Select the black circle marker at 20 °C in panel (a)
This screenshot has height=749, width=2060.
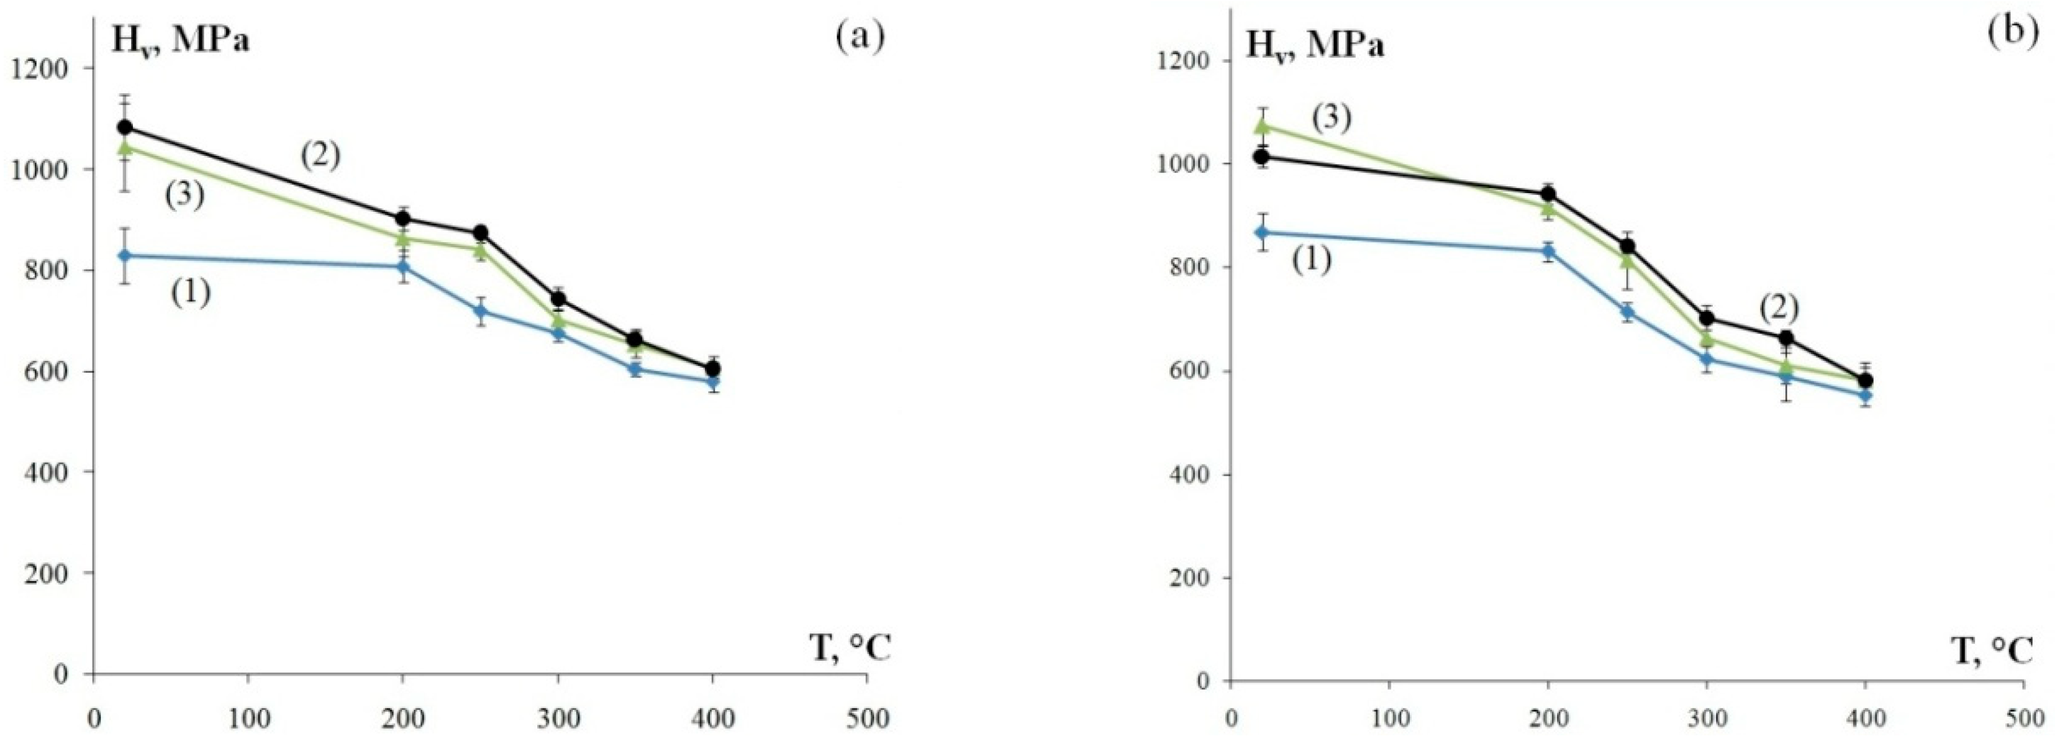click(125, 127)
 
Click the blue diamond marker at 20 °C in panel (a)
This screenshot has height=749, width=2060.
click(125, 256)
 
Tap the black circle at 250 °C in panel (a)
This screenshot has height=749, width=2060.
click(481, 233)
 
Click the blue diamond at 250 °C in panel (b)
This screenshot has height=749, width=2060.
click(1627, 312)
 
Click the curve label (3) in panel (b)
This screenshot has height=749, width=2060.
click(1332, 118)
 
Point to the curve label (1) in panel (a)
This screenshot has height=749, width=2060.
click(190, 293)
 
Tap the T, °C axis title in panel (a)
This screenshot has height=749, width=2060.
click(851, 648)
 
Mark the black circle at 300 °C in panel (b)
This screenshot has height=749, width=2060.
click(1707, 318)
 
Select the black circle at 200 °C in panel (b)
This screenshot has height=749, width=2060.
click(1548, 193)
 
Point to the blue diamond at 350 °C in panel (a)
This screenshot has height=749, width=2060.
click(636, 370)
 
